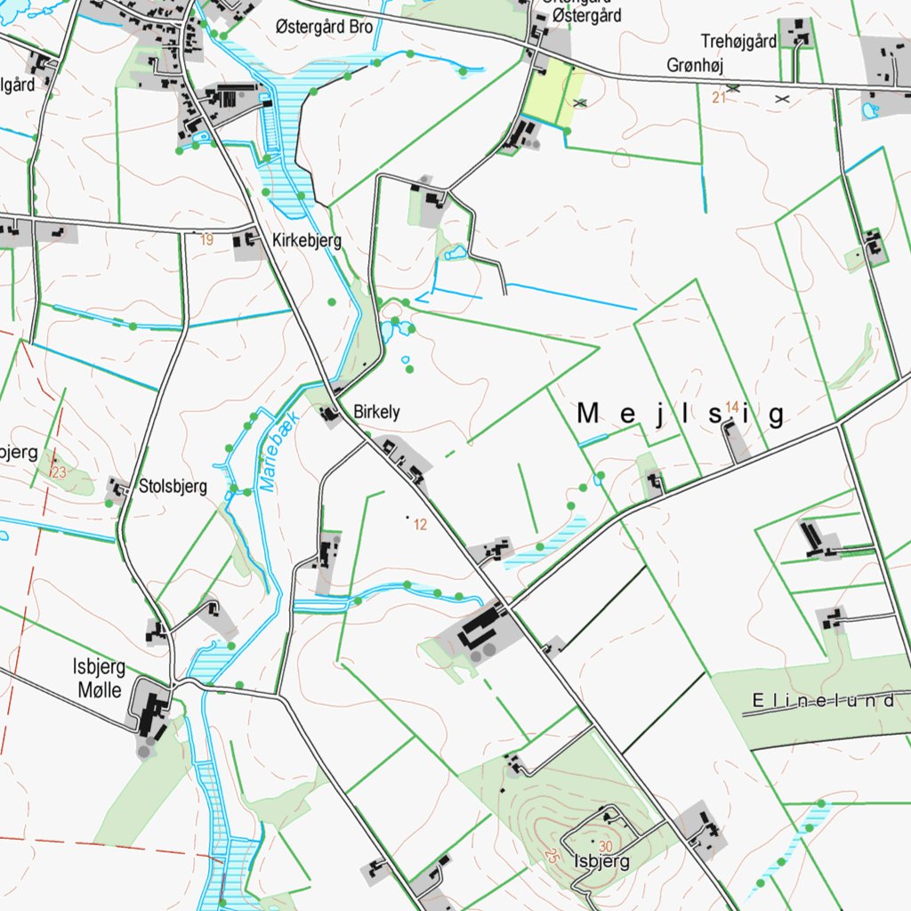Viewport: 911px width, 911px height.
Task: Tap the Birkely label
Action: click(376, 413)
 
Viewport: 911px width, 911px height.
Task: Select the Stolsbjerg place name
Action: click(173, 487)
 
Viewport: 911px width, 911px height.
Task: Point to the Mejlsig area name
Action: click(682, 415)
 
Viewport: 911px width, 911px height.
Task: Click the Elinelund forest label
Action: click(823, 702)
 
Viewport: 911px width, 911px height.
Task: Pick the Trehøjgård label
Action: click(738, 41)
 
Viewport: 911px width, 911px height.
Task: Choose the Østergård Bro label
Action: click(324, 27)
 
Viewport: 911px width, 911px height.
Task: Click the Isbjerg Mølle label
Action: click(98, 678)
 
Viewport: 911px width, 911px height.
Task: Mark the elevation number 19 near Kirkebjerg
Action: click(207, 239)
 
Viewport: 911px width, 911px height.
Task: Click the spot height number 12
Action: click(421, 525)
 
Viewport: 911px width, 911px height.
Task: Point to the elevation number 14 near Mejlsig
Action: click(732, 407)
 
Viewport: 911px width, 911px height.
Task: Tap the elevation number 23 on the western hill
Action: click(60, 472)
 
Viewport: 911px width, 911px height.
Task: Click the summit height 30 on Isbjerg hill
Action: click(606, 845)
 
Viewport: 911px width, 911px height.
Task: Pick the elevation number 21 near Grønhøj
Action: click(720, 97)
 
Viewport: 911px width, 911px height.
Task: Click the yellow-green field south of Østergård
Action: click(552, 92)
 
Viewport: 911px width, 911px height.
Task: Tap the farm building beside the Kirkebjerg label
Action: click(246, 242)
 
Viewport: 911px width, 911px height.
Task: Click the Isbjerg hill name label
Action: click(602, 861)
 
